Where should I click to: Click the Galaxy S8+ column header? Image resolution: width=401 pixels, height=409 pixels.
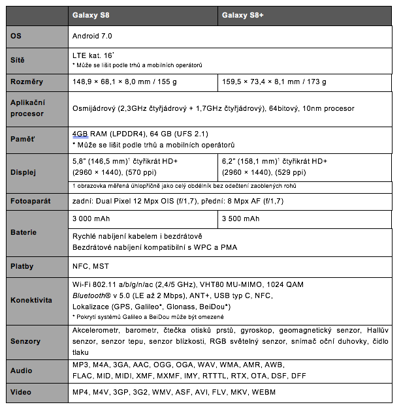(242, 15)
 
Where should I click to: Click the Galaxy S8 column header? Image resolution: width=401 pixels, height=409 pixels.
(91, 15)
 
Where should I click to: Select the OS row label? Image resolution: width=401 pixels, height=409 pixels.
(16, 35)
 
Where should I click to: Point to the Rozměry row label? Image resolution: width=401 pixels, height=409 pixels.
(27, 82)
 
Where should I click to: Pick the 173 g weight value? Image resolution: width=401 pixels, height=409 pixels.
(316, 82)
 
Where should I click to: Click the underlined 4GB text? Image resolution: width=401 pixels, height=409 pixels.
(80, 133)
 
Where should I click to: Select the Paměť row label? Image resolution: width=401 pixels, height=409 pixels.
(23, 138)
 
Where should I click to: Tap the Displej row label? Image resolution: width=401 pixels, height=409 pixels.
(24, 173)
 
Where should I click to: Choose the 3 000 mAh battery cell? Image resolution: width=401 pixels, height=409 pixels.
(94, 219)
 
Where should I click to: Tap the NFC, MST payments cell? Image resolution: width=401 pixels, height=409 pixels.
(91, 266)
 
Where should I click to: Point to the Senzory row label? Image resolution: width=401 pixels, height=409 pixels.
(25, 341)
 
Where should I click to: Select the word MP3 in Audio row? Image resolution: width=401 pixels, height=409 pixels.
(82, 365)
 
